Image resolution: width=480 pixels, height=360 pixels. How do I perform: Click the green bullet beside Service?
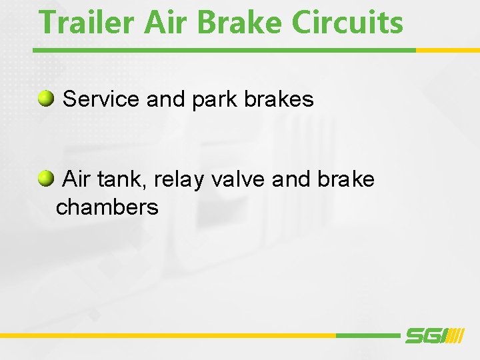tap(46, 99)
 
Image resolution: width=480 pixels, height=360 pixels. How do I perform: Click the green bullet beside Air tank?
tap(46, 179)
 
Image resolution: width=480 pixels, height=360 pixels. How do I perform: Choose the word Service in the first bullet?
tap(101, 99)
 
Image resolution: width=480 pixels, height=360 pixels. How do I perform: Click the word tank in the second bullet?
tap(117, 179)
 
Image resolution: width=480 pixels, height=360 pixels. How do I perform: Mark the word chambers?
tap(107, 207)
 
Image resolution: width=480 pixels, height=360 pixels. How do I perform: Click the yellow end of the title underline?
tap(447, 50)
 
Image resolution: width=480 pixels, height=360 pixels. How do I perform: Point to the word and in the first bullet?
tap(165, 99)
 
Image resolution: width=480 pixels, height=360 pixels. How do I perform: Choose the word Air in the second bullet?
tap(77, 179)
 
